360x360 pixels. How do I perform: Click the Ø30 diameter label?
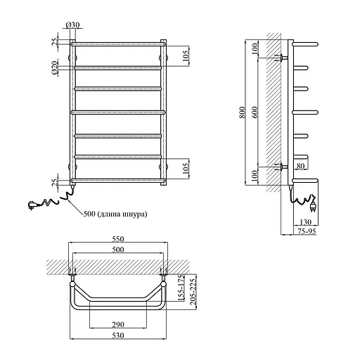pyautogui.click(x=72, y=25)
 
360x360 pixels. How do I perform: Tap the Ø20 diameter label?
pyautogui.click(x=54, y=67)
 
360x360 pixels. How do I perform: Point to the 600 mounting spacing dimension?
pyautogui.click(x=255, y=112)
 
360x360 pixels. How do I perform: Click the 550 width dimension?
pyautogui.click(x=118, y=239)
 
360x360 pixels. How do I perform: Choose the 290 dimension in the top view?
pyautogui.click(x=118, y=325)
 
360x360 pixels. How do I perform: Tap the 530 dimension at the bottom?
pyautogui.click(x=118, y=335)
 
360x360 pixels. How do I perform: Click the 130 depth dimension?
pyautogui.click(x=305, y=221)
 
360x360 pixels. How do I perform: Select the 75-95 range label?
pyautogui.click(x=307, y=231)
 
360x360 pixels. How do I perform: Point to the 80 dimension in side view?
pyautogui.click(x=300, y=166)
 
